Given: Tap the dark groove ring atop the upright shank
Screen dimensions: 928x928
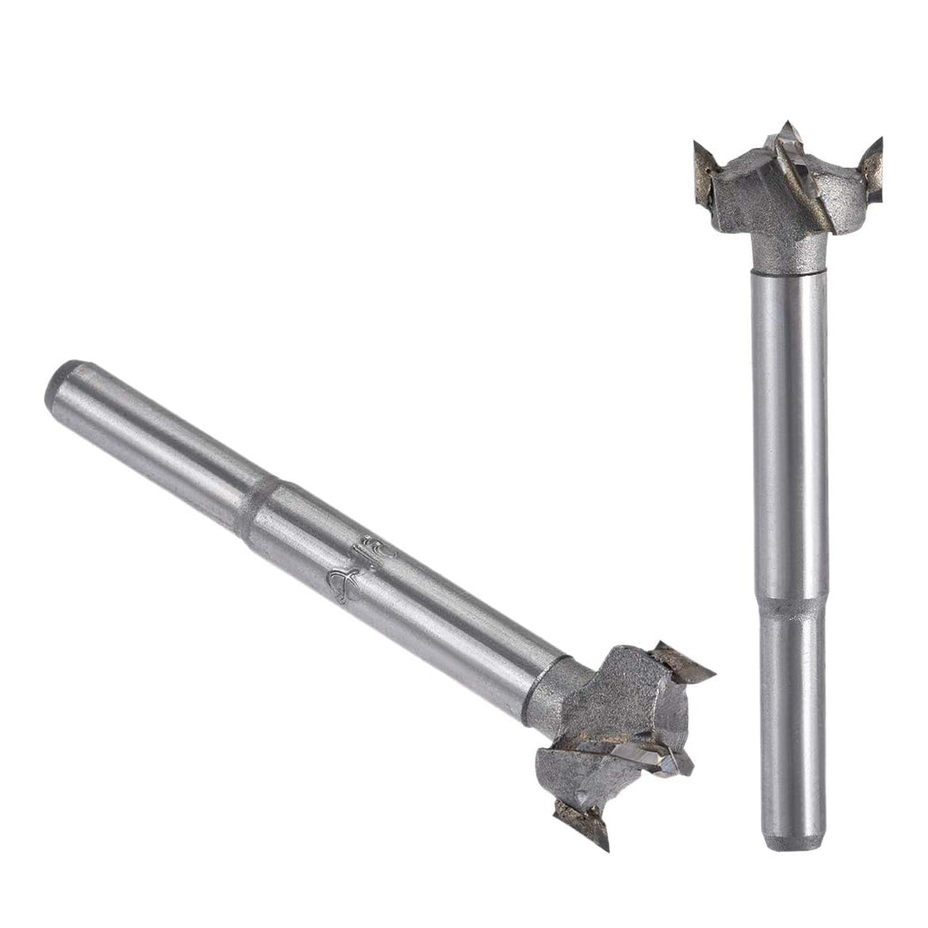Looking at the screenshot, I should coord(787,272).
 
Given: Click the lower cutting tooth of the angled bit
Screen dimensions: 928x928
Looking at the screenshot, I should coord(582,823).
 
